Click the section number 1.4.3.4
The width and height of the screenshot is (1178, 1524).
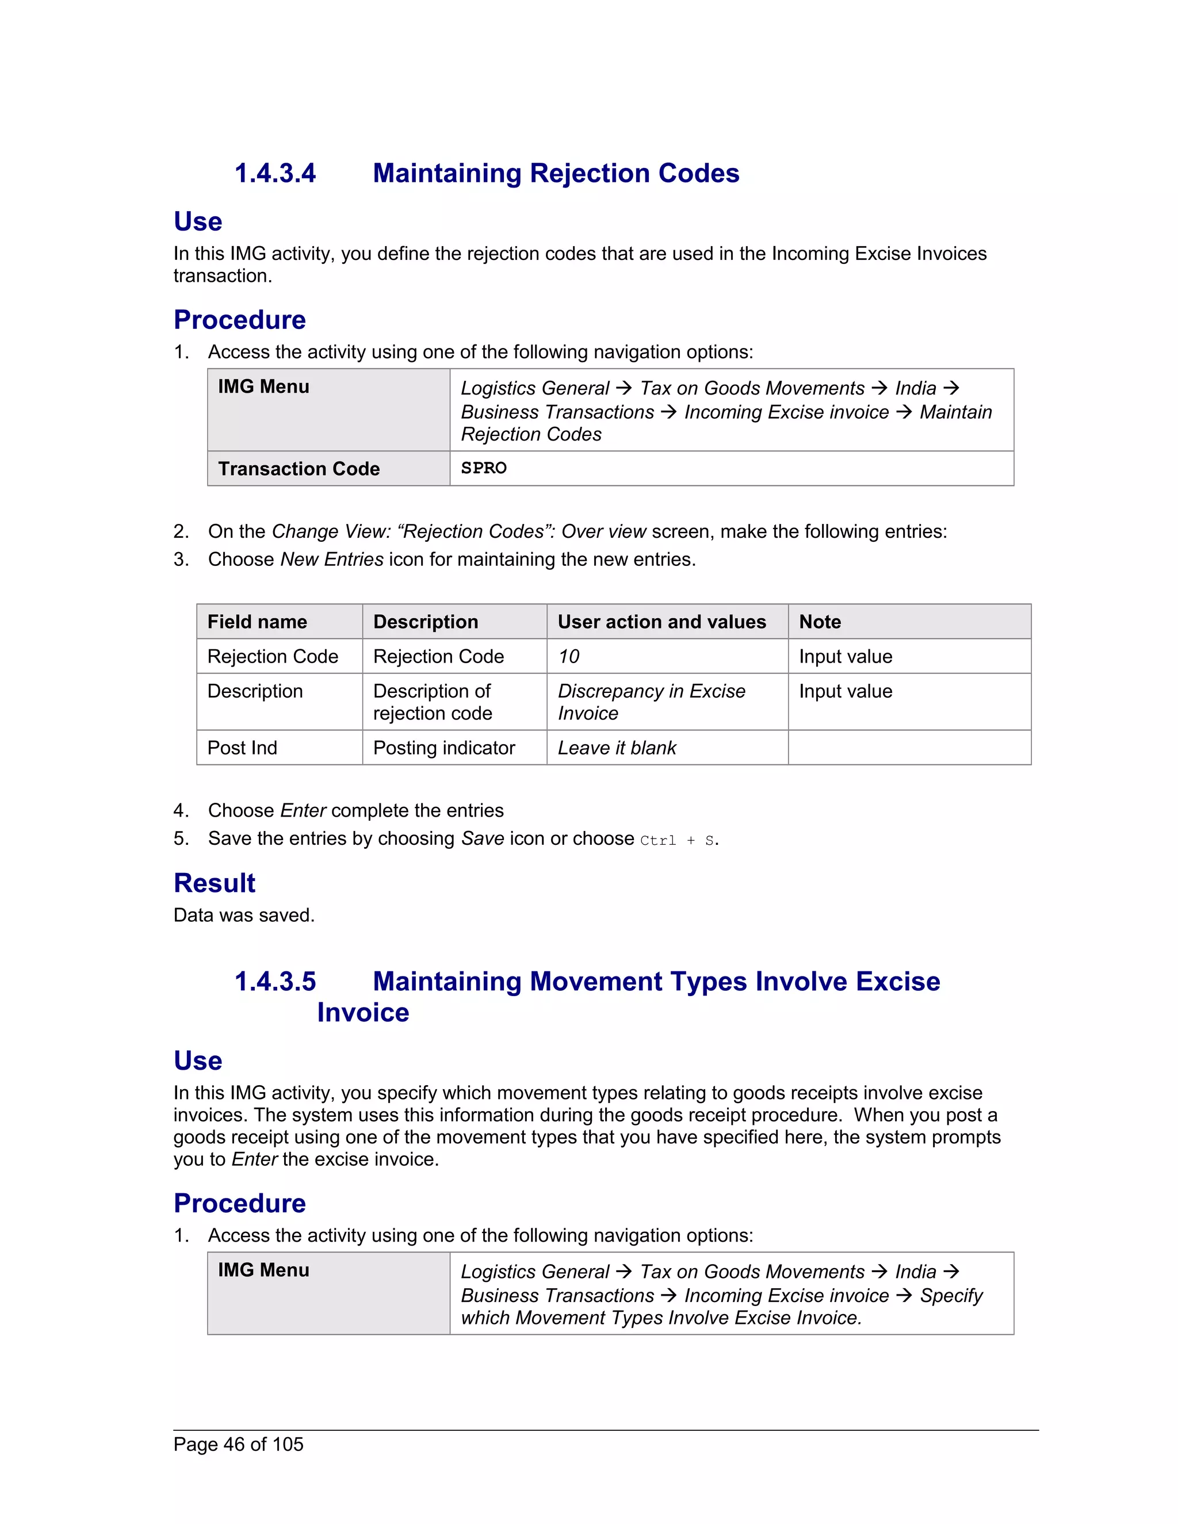point(275,173)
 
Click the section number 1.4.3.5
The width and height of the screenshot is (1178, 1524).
point(275,981)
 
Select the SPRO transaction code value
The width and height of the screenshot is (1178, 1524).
point(484,468)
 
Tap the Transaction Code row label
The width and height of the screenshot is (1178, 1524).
point(299,469)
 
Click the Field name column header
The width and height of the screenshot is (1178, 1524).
point(257,622)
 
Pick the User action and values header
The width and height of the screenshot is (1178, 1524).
point(661,622)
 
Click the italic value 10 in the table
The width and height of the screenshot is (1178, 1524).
point(569,657)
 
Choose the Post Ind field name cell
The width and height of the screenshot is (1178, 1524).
point(242,748)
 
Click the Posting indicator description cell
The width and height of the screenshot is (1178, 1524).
point(444,748)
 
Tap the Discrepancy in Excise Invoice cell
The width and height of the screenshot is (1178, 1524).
point(651,702)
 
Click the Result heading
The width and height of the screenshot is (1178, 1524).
point(214,883)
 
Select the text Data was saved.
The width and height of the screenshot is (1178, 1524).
point(243,916)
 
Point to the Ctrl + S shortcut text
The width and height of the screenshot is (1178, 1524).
point(677,840)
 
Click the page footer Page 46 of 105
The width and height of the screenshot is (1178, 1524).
point(238,1445)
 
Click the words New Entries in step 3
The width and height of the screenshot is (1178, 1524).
point(331,560)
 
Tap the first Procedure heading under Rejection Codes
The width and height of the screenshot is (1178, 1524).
point(239,320)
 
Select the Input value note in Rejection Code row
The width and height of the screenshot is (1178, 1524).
point(845,657)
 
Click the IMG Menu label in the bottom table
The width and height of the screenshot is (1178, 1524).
point(263,1270)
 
